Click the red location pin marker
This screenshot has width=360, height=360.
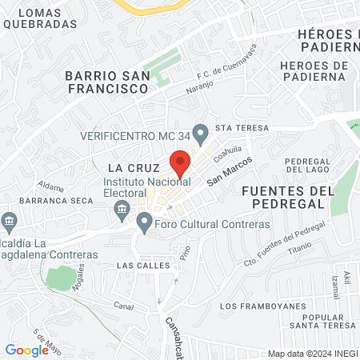coord(180,162)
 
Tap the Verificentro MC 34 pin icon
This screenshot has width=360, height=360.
coord(200,132)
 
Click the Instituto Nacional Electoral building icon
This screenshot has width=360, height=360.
coord(122,210)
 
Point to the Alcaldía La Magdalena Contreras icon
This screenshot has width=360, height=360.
coord(9,220)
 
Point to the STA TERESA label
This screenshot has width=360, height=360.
coord(238,127)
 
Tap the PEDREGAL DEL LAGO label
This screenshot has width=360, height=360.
coord(307,165)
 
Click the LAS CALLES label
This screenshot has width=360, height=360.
coord(138,264)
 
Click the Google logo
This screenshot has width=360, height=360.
coord(26,350)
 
